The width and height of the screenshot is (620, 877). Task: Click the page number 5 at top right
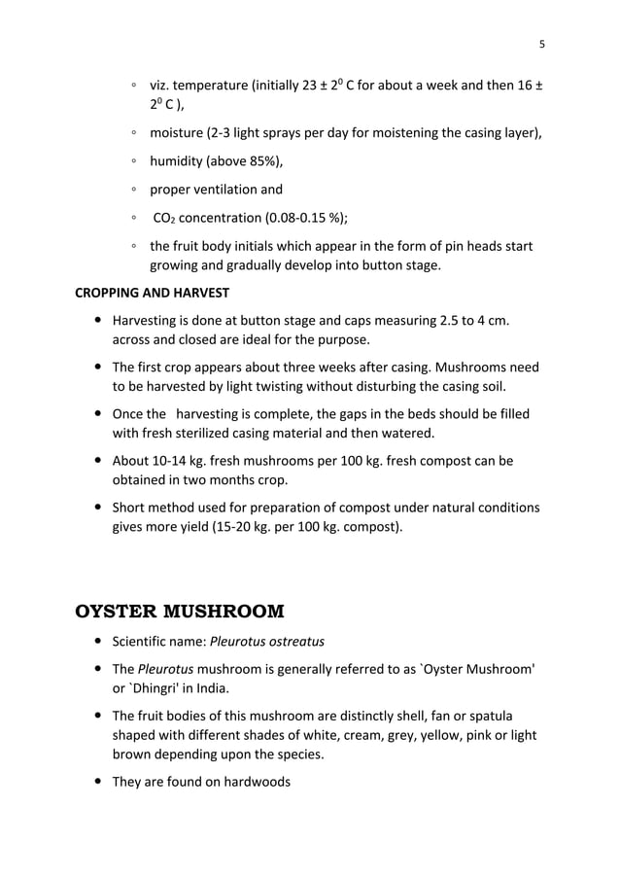[542, 43]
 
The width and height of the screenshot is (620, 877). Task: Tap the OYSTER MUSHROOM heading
[180, 612]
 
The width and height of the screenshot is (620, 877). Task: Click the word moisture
[179, 133]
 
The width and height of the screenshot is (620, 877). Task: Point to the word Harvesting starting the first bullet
[147, 321]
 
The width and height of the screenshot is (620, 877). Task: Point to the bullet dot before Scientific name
[99, 642]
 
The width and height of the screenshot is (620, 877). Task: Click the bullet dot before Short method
[99, 508]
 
